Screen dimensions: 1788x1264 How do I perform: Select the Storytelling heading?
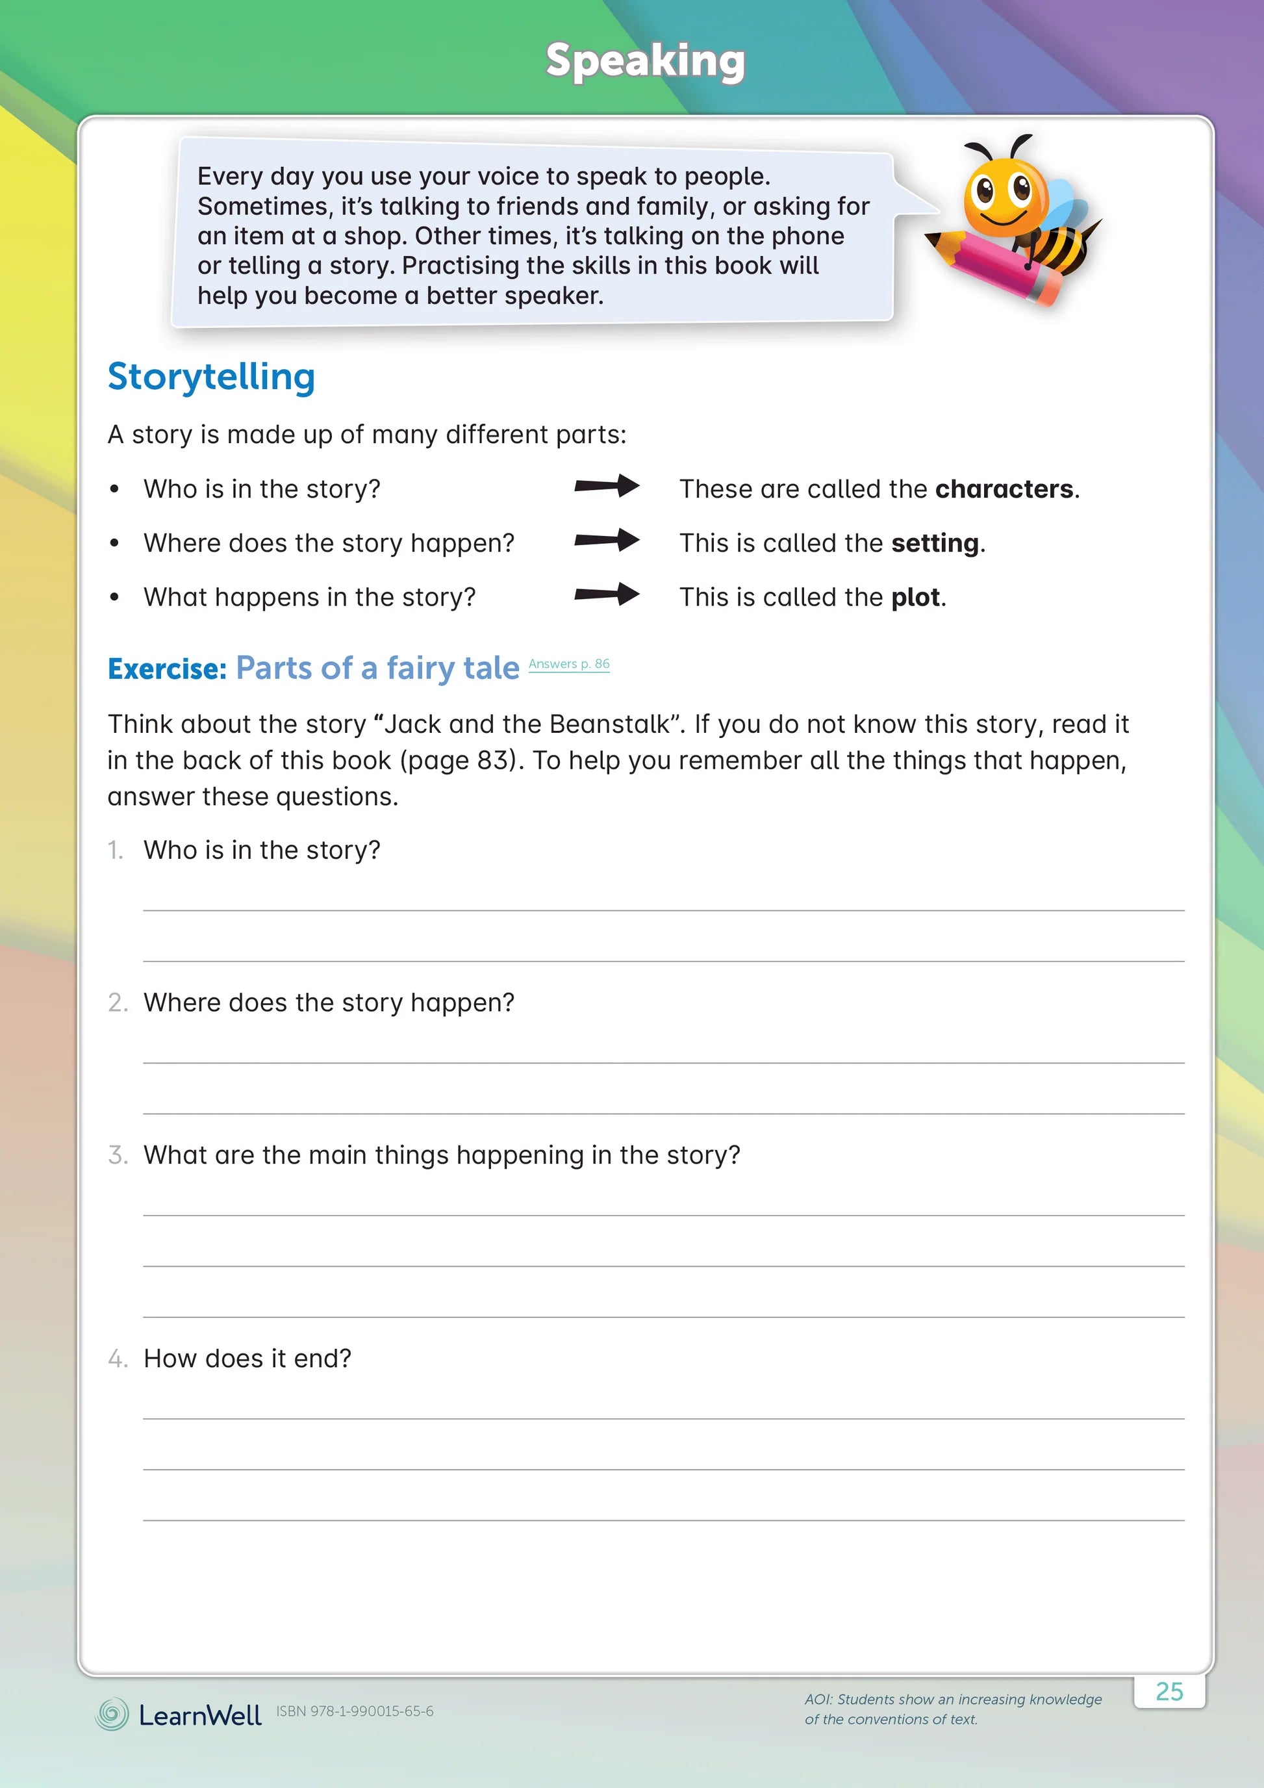pyautogui.click(x=211, y=377)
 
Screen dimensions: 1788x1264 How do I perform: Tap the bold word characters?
pyautogui.click(x=1004, y=489)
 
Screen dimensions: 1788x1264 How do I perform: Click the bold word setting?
pyautogui.click(x=935, y=543)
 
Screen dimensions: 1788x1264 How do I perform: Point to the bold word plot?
pyautogui.click(x=915, y=597)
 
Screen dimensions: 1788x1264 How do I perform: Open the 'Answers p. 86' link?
pyautogui.click(x=569, y=664)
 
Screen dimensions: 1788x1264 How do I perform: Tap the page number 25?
pyautogui.click(x=1169, y=1691)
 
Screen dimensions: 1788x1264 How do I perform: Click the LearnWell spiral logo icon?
pyautogui.click(x=112, y=1714)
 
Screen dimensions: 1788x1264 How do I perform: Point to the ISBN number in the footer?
pyautogui.click(x=355, y=1711)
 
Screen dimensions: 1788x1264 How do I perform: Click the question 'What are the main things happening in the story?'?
pyautogui.click(x=441, y=1156)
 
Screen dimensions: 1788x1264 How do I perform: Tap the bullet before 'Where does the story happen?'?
pyautogui.click(x=114, y=544)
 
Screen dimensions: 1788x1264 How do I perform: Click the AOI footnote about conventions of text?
pyautogui.click(x=953, y=1709)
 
